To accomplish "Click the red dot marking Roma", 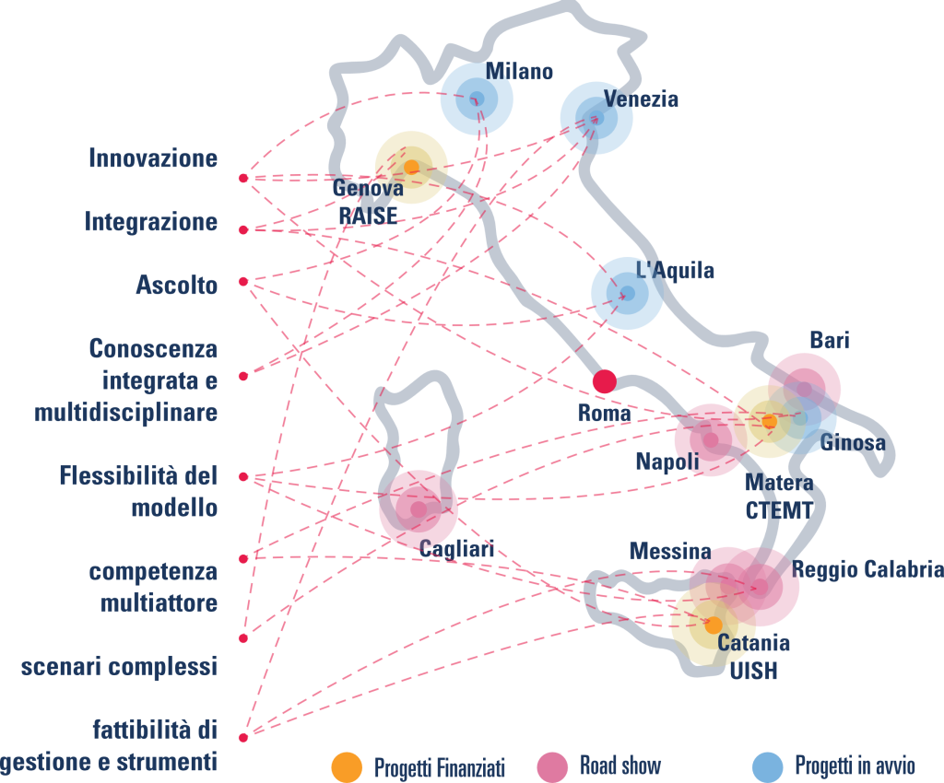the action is [605, 381].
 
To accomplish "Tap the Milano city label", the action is [519, 71].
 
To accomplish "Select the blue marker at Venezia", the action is [596, 118].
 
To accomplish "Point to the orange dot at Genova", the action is [411, 167].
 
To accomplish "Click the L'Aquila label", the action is [676, 270].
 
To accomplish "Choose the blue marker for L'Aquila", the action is [627, 294].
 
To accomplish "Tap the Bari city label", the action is [830, 341].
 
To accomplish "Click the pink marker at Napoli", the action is [711, 440].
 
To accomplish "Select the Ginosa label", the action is [853, 442].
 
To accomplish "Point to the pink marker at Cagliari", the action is [419, 509].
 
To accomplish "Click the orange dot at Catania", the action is [714, 625].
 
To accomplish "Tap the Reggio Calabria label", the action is [867, 569].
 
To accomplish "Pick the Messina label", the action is [670, 551].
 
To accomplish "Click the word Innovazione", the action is [153, 158].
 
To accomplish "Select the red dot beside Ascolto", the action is [243, 282].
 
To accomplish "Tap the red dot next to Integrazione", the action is [243, 230].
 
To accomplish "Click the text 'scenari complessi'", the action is [119, 666].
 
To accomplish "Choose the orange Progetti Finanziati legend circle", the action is [347, 767].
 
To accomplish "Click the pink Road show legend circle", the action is [552, 767].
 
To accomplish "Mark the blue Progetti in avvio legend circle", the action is [768, 767].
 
